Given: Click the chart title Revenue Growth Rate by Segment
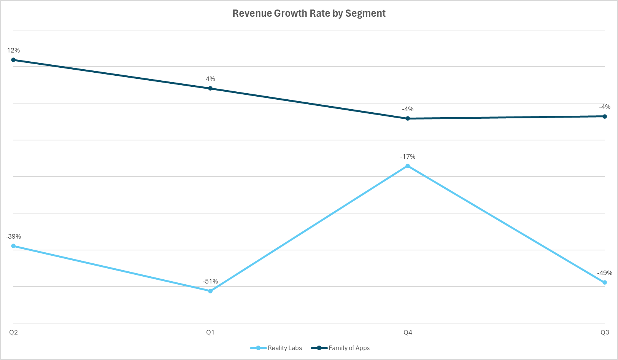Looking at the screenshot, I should tap(309, 13).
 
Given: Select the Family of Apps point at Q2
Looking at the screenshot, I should tap(13, 60).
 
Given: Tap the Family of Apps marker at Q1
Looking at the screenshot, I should tap(210, 88).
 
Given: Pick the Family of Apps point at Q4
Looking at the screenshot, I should tap(408, 118).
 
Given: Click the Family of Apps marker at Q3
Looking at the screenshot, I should tap(605, 116).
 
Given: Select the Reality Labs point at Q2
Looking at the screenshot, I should tap(13, 246).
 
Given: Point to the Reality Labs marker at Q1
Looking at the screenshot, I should tap(210, 291).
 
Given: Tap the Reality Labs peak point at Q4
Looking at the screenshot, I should tap(408, 166).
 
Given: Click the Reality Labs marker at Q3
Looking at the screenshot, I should tap(605, 282).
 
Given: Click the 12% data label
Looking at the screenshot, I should tap(13, 50).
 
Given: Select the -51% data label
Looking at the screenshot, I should tap(210, 282).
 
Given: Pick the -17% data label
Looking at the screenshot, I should tap(408, 156).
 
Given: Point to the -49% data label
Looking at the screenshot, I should tap(604, 273).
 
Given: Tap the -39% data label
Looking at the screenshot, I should tap(13, 236).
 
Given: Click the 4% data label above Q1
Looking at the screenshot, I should tap(210, 79).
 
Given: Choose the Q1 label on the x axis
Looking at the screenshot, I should tap(210, 332).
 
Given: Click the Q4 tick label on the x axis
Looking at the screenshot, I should tap(408, 332).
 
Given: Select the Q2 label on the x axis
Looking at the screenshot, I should tap(13, 332).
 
